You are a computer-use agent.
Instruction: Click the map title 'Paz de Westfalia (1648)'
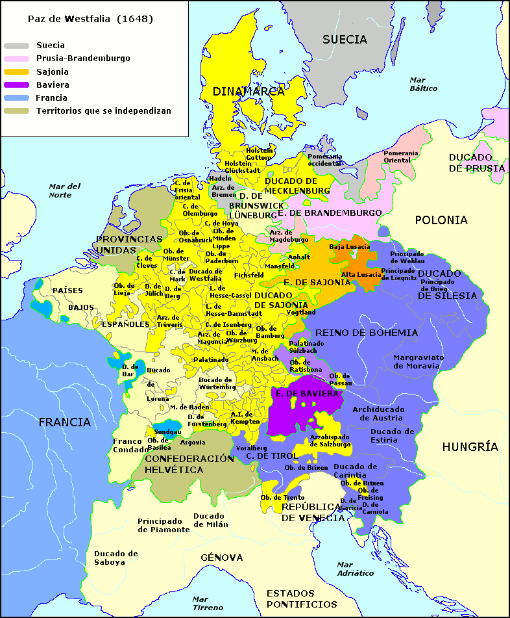tap(90, 19)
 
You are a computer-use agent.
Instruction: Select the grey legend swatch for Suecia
tap(16, 45)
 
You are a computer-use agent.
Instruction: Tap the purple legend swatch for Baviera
tap(16, 84)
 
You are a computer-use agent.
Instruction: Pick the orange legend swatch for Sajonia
tap(16, 71)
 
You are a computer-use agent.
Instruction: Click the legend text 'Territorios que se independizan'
tap(104, 111)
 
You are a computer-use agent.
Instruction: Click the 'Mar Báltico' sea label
tap(423, 84)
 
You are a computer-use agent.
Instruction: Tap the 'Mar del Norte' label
tap(64, 190)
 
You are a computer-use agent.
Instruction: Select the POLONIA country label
tap(441, 220)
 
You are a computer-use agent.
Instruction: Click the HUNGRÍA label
tap(470, 446)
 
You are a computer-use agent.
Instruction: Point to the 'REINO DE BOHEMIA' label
tap(367, 333)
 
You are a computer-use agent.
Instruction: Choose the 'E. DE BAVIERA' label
tap(307, 394)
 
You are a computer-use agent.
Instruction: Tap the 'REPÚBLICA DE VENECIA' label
tap(313, 512)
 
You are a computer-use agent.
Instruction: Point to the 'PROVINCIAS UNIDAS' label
tap(129, 244)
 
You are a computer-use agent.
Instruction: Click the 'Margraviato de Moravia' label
tap(417, 361)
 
